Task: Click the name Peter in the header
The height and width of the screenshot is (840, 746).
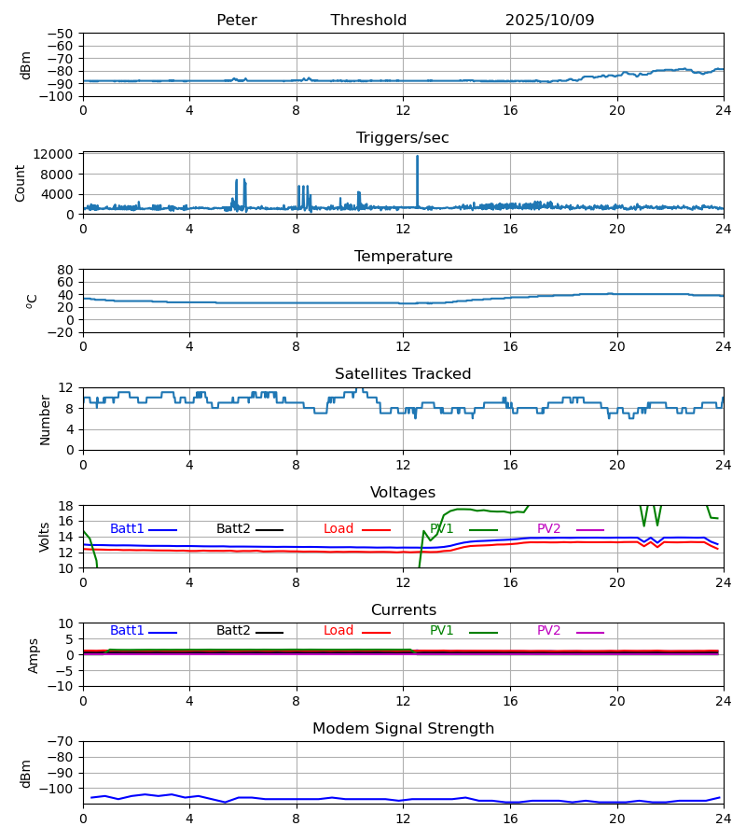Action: [236, 21]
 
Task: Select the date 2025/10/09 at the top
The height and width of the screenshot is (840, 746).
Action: [549, 21]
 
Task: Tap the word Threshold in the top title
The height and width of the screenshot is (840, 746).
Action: [368, 21]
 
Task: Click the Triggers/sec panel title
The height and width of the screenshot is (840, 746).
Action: [403, 138]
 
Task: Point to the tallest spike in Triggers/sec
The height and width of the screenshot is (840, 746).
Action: [417, 157]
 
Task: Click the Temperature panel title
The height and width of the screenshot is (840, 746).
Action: [403, 257]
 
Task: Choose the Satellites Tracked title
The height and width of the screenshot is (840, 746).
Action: [403, 374]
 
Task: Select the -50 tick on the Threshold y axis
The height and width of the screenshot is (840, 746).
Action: [62, 34]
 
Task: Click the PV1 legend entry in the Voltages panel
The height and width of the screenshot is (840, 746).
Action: [441, 529]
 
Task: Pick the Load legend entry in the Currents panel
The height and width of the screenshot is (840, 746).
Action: [338, 631]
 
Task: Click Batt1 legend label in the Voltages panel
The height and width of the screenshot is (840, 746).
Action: [126, 529]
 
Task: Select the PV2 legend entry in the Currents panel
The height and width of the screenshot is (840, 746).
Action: [548, 631]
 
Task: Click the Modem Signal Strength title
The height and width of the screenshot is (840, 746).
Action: [403, 729]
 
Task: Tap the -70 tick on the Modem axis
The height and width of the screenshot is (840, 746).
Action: [62, 742]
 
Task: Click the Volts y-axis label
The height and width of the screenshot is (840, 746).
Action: [45, 537]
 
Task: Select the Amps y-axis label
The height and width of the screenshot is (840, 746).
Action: [35, 655]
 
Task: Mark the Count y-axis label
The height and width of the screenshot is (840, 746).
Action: [21, 183]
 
